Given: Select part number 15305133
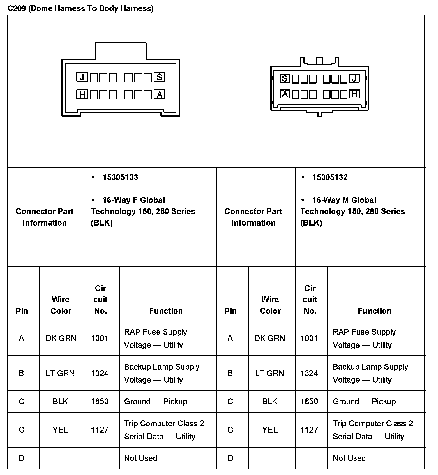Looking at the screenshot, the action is click(120, 177).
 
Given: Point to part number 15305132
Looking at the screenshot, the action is click(330, 177).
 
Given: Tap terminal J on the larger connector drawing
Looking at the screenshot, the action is click(82, 77).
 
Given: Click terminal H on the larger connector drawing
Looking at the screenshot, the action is click(82, 94).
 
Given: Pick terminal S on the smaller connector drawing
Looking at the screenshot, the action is click(285, 79).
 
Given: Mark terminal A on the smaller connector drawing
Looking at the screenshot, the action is click(285, 94).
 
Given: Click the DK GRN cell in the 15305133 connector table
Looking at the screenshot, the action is click(61, 338).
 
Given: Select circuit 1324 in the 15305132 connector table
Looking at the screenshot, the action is click(309, 373).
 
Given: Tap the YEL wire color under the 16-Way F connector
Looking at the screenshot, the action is click(60, 430).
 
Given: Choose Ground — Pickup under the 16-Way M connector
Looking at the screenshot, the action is click(364, 402).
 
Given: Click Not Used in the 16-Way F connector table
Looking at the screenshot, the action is click(141, 458).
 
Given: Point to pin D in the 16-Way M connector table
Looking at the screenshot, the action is click(230, 458).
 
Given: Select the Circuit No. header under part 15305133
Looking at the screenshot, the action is click(100, 300).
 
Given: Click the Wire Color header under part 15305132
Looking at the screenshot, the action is click(270, 305).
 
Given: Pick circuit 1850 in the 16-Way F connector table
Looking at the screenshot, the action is click(100, 402).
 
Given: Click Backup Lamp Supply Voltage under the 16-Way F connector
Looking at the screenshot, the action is click(162, 373).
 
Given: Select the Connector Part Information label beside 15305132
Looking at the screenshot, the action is click(253, 217).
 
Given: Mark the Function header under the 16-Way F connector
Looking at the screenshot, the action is click(166, 311).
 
